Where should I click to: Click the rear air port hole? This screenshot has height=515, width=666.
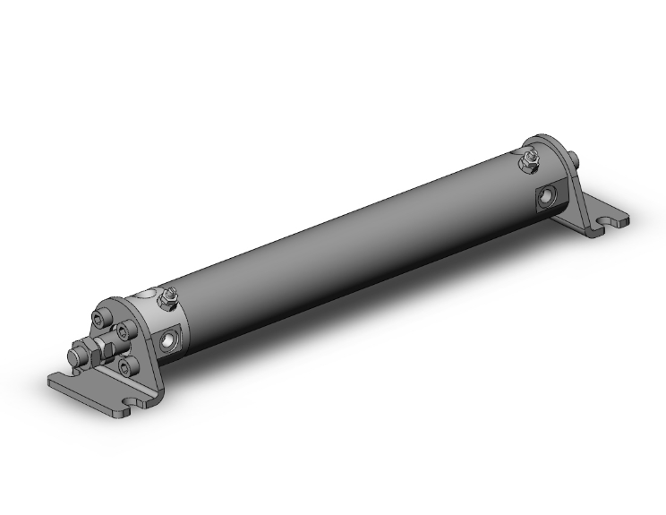point(545,196)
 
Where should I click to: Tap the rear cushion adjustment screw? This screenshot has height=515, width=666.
point(530,160)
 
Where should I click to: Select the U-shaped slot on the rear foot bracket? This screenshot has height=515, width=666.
point(614,217)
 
